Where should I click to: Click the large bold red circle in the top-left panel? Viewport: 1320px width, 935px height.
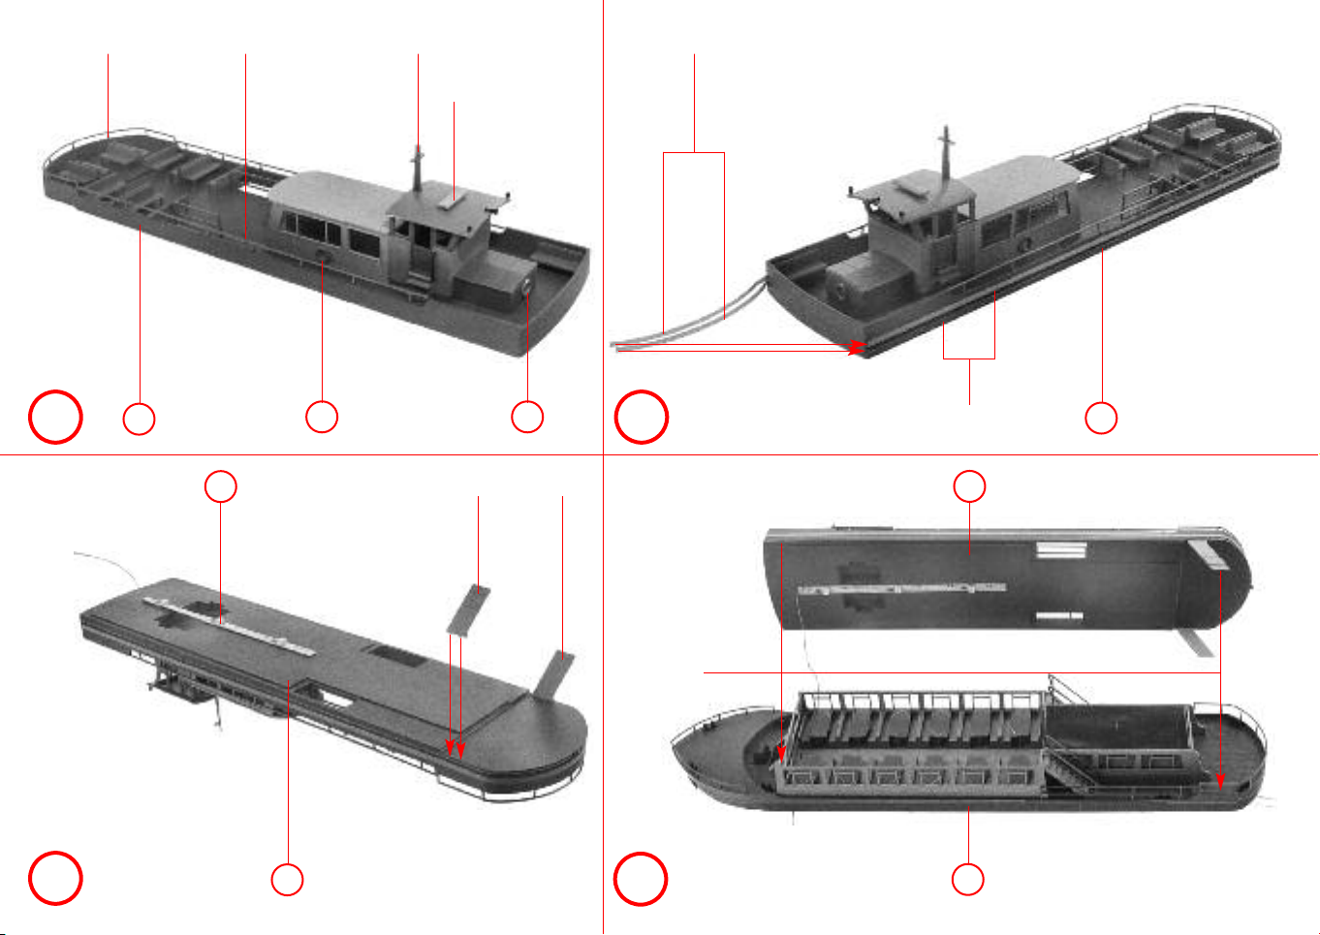(x=55, y=418)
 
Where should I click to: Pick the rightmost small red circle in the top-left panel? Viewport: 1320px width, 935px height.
(x=527, y=417)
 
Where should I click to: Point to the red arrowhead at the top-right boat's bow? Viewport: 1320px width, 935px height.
(x=856, y=347)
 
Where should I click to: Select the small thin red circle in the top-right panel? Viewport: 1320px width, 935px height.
(x=1101, y=418)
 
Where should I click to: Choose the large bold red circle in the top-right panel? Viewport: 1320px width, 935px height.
(x=642, y=418)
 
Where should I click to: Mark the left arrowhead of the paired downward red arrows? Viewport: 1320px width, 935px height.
(x=450, y=748)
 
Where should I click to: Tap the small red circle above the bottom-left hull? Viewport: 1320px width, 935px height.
(x=221, y=486)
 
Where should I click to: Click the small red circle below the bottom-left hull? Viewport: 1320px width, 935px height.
(x=287, y=879)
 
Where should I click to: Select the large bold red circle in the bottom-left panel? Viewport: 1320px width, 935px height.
(x=55, y=879)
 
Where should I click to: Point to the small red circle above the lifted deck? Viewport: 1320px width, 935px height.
(x=969, y=486)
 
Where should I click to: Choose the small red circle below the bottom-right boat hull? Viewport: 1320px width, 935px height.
(x=968, y=879)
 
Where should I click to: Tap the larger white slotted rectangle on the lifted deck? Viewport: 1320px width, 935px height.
(x=1061, y=550)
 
